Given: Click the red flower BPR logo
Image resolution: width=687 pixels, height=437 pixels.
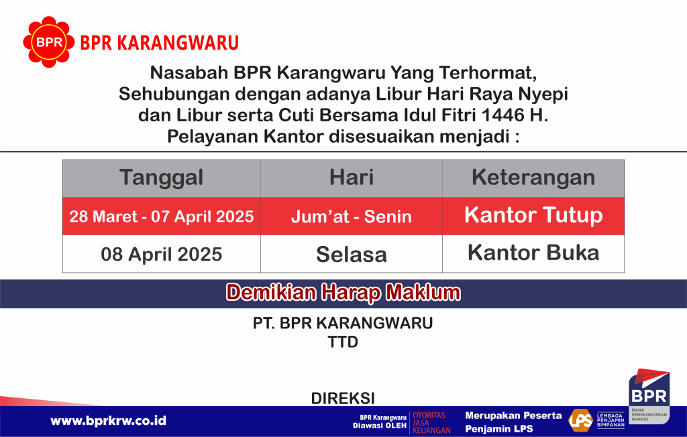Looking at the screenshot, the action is pyautogui.click(x=48, y=42).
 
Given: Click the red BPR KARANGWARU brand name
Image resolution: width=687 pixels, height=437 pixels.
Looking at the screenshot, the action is pyautogui.click(x=160, y=43).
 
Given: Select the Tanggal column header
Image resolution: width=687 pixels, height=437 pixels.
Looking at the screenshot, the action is pyautogui.click(x=162, y=178).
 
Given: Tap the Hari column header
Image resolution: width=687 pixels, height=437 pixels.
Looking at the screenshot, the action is pyautogui.click(x=352, y=178).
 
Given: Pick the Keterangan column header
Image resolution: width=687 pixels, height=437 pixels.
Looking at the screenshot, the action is pyautogui.click(x=533, y=178).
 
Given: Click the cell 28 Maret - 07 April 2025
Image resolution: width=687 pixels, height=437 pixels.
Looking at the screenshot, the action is pyautogui.click(x=162, y=216).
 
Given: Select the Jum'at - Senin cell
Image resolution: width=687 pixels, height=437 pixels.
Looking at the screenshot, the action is pyautogui.click(x=352, y=216).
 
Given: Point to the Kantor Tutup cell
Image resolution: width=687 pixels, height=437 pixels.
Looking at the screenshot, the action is pyautogui.click(x=533, y=216).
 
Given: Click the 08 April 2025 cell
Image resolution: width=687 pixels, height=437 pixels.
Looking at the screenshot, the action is pyautogui.click(x=162, y=254).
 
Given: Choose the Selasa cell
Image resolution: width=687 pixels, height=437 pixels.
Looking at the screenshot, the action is pyautogui.click(x=352, y=254).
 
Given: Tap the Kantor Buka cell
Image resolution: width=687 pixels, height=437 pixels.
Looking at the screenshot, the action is pyautogui.click(x=533, y=254).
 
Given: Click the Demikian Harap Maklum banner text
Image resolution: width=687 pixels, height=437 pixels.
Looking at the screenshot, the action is pyautogui.click(x=343, y=293).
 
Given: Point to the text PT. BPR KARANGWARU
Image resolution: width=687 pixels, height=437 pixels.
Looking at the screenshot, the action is pyautogui.click(x=343, y=323).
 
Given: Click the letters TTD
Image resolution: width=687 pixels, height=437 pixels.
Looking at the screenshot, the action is pyautogui.click(x=343, y=342).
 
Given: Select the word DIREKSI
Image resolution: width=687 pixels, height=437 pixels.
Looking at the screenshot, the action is pyautogui.click(x=343, y=399).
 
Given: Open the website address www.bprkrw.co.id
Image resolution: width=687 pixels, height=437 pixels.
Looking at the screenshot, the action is pyautogui.click(x=108, y=421).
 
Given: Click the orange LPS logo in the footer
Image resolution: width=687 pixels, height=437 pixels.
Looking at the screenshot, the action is pyautogui.click(x=580, y=420).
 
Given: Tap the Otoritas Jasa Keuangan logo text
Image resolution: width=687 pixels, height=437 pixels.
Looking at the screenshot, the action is pyautogui.click(x=431, y=422).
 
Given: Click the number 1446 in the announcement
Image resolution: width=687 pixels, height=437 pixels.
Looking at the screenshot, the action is pyautogui.click(x=503, y=115).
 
